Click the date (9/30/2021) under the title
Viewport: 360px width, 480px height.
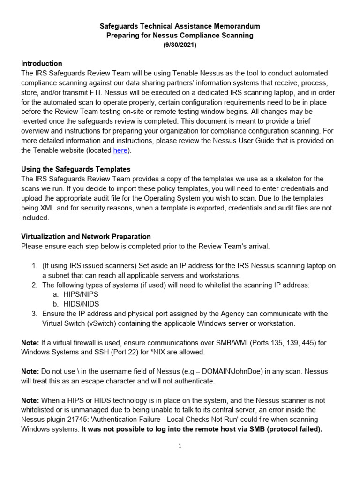point(180,45)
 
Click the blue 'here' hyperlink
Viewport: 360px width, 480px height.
point(120,150)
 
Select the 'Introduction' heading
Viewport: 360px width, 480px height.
point(42,63)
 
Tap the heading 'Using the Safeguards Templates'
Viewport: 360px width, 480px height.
point(76,169)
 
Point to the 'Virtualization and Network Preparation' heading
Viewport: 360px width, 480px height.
point(86,236)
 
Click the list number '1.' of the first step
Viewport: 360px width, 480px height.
point(35,266)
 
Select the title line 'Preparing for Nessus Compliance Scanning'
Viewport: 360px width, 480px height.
point(180,36)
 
